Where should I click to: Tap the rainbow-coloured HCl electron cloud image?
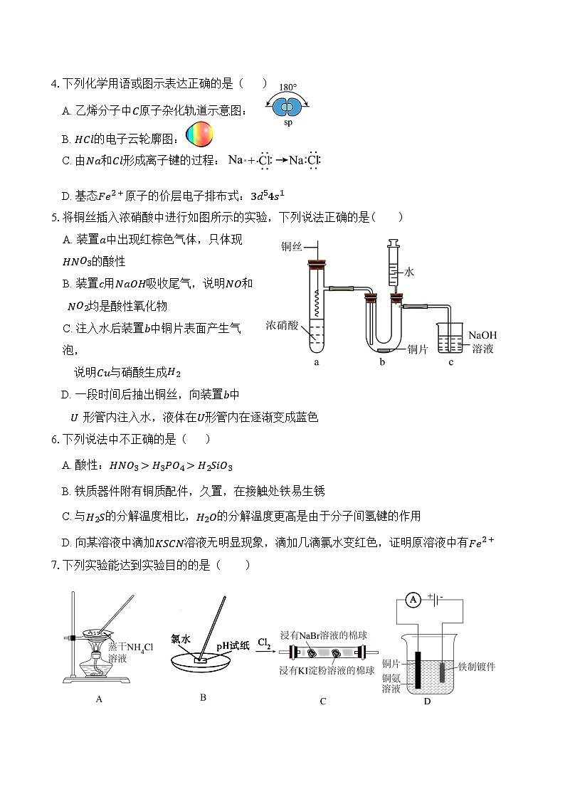[x=199, y=134]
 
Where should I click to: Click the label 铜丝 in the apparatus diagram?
[x=292, y=246]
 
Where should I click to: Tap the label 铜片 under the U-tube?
[x=418, y=349]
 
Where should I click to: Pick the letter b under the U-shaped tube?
[x=382, y=362]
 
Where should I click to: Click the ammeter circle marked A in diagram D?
[x=412, y=600]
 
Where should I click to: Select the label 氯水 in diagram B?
[x=181, y=639]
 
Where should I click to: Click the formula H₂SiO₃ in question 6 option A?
[x=214, y=466]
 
